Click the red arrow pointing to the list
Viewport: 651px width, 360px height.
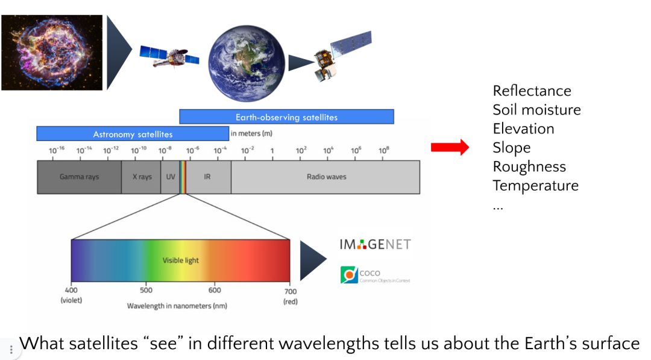pyautogui.click(x=450, y=147)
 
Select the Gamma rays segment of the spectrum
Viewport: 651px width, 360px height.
pyautogui.click(x=80, y=177)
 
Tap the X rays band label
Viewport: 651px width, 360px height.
pyautogui.click(x=142, y=177)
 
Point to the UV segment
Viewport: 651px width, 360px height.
pyautogui.click(x=170, y=177)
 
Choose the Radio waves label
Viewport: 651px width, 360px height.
pyautogui.click(x=326, y=177)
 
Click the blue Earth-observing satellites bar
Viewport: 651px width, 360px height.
pyautogui.click(x=286, y=116)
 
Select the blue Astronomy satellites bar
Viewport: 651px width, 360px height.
pyautogui.click(x=133, y=134)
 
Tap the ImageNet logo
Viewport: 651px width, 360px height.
pyautogui.click(x=376, y=244)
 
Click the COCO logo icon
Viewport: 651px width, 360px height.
pyautogui.click(x=349, y=275)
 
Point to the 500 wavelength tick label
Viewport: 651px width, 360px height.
pyautogui.click(x=146, y=290)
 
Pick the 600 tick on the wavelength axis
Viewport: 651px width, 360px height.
pyautogui.click(x=215, y=290)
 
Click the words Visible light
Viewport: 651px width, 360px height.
pyautogui.click(x=181, y=261)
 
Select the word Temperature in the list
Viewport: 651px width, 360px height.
pyautogui.click(x=536, y=186)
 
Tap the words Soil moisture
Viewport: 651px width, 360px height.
pyautogui.click(x=537, y=110)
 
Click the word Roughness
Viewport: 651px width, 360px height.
pyautogui.click(x=529, y=166)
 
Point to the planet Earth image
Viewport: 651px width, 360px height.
pyautogui.click(x=247, y=63)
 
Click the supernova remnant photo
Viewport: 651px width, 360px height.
pyautogui.click(x=52, y=52)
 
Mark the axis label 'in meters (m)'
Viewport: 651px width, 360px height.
pyautogui.click(x=251, y=134)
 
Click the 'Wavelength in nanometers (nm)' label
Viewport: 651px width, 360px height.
pyautogui.click(x=177, y=306)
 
